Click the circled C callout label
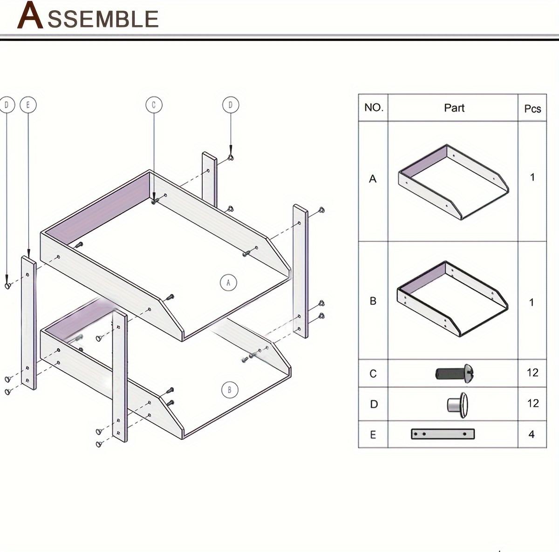(x=154, y=105)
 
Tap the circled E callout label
(x=28, y=105)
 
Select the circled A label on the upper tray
(x=228, y=282)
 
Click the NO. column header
(x=374, y=108)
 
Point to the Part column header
(x=454, y=108)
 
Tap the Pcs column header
(x=532, y=109)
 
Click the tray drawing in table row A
(x=453, y=182)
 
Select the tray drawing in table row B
(x=452, y=298)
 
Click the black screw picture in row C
(x=455, y=373)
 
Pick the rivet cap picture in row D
(x=457, y=403)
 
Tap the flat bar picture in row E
(x=443, y=434)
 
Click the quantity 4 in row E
(x=532, y=434)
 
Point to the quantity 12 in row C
(x=532, y=372)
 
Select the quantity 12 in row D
(x=532, y=403)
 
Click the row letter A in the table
(x=373, y=179)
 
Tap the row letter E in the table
(x=373, y=435)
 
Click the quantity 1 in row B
(x=532, y=303)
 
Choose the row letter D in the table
(x=374, y=404)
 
